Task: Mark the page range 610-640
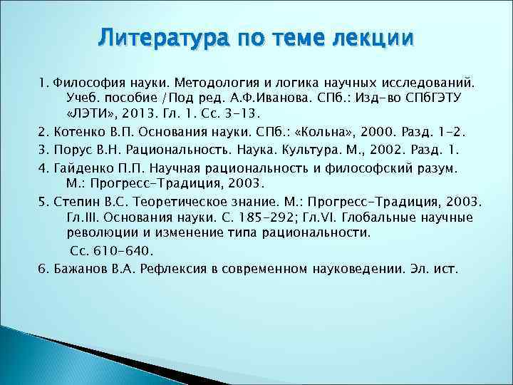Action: tap(122, 250)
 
